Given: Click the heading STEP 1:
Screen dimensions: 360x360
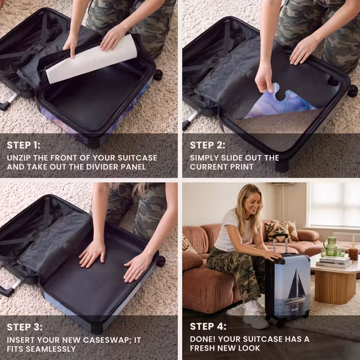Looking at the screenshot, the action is pyautogui.click(x=24, y=145).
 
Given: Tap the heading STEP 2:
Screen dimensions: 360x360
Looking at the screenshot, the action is pyautogui.click(x=207, y=145).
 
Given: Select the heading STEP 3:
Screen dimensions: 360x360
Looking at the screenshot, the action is pyautogui.click(x=24, y=327).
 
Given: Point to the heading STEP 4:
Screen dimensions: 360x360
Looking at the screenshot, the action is pyautogui.click(x=208, y=326).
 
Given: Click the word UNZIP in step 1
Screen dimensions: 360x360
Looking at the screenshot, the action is pyautogui.click(x=19, y=158).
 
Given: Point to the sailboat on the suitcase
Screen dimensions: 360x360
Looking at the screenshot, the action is pyautogui.click(x=296, y=288).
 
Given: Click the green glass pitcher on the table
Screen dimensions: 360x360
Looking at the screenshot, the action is pyautogui.click(x=330, y=246).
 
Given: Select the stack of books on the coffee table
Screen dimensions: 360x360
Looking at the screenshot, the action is pyautogui.click(x=334, y=262).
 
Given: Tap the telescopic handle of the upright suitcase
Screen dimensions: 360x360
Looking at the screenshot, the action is pyautogui.click(x=280, y=244).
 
